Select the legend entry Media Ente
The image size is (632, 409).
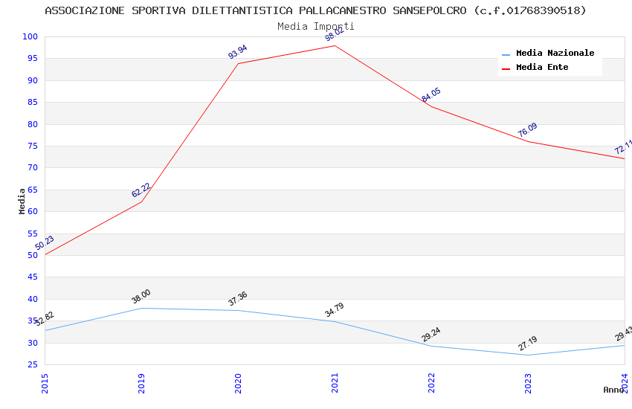tap(542, 68)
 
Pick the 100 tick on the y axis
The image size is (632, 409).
tap(30, 37)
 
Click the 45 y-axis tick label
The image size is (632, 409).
tap(33, 277)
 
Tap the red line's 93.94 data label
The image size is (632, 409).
tap(238, 52)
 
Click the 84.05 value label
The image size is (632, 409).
tap(431, 95)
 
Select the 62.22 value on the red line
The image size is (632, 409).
tap(141, 190)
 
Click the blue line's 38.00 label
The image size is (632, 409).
tap(141, 296)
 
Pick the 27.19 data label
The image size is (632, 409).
tap(528, 344)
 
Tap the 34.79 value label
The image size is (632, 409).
tap(335, 310)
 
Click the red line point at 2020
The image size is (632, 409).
tap(238, 63)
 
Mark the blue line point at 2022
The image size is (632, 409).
tap(431, 346)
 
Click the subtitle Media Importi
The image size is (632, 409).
tap(316, 26)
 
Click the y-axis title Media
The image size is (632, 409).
tap(22, 201)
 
